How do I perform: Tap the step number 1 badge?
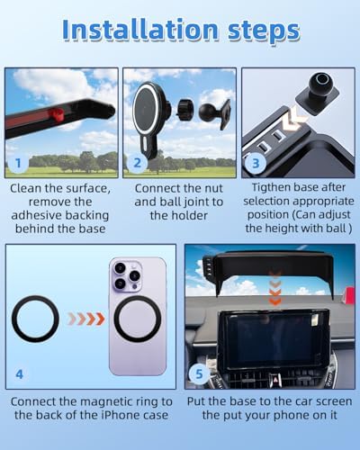18,163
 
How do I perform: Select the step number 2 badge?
137,163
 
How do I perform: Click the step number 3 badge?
256,164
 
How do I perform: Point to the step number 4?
19,374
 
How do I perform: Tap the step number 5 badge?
199,374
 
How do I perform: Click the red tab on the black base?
56,114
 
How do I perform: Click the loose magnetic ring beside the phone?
35,319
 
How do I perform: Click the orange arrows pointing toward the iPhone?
86,319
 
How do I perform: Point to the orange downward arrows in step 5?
274,287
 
